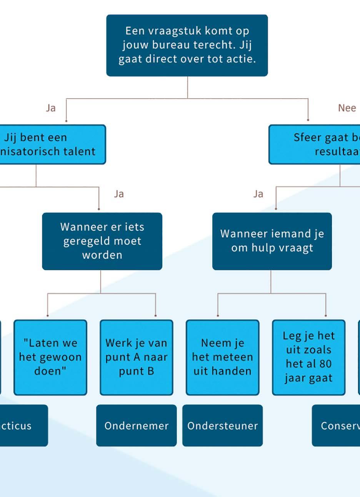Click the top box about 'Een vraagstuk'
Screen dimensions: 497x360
coord(187,45)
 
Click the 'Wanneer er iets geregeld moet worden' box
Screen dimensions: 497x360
coord(102,241)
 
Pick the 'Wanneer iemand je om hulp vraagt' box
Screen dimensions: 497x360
coord(272,241)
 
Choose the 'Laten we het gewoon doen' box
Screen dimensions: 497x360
coord(50,357)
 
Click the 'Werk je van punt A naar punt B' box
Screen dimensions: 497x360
coord(136,357)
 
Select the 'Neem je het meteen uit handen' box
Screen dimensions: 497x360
coord(222,357)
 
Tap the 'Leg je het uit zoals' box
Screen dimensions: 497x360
coord(308,357)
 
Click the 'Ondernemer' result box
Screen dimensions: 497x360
coord(136,426)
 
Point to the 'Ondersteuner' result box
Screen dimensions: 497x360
coord(222,426)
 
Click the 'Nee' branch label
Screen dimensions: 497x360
coord(347,108)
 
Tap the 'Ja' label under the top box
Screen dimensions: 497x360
coord(51,108)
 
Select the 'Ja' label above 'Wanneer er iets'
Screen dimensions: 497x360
coord(119,194)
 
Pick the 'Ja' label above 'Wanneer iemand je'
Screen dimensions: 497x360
coord(258,194)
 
